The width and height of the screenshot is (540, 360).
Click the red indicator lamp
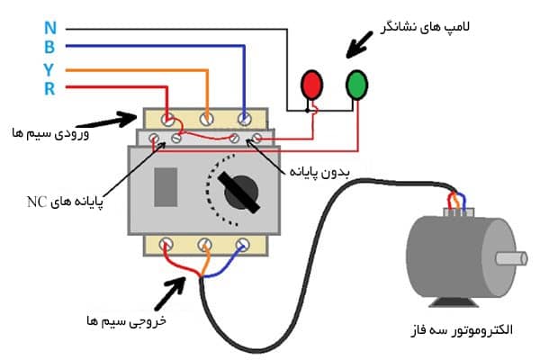tap(311, 84)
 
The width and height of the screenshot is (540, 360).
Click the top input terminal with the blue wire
tap(244, 118)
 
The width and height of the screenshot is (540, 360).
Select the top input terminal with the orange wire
tap(206, 118)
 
